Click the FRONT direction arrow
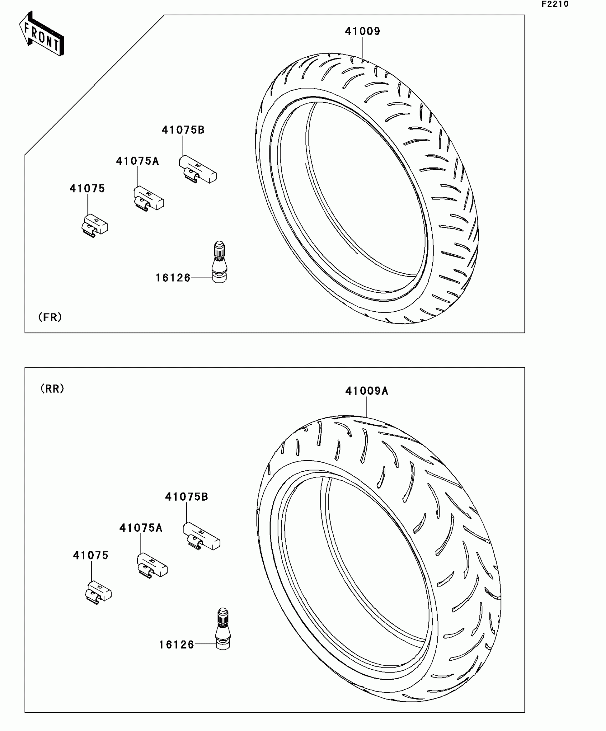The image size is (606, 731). pyautogui.click(x=41, y=34)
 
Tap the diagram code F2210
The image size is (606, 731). pyautogui.click(x=555, y=4)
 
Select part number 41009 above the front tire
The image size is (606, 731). pyautogui.click(x=363, y=31)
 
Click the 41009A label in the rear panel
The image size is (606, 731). pyautogui.click(x=366, y=391)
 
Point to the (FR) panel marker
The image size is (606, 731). pyautogui.click(x=50, y=317)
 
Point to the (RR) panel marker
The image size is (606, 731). pyautogui.click(x=52, y=388)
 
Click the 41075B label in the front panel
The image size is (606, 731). pyautogui.click(x=183, y=130)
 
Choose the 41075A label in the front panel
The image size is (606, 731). pyautogui.click(x=137, y=161)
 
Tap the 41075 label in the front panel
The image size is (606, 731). pyautogui.click(x=87, y=189)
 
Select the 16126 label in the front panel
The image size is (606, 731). pyautogui.click(x=173, y=278)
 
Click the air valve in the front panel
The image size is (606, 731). pyautogui.click(x=219, y=262)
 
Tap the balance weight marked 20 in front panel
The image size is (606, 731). pyautogui.click(x=149, y=199)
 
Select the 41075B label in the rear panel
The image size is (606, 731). pyautogui.click(x=186, y=497)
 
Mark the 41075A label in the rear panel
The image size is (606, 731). pyautogui.click(x=141, y=528)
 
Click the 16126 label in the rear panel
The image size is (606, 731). pyautogui.click(x=176, y=645)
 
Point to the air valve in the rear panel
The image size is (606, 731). pyautogui.click(x=223, y=629)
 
